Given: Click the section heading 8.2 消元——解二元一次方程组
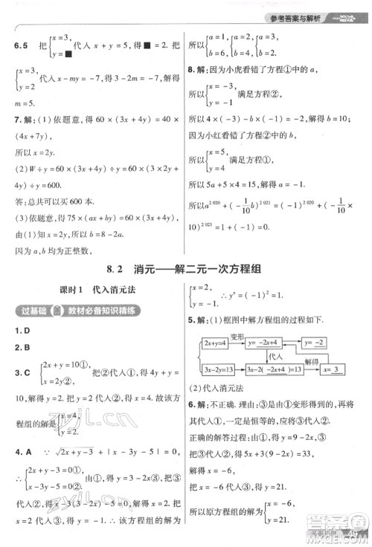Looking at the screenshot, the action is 185,271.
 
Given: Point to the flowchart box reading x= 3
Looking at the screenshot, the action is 331,369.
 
